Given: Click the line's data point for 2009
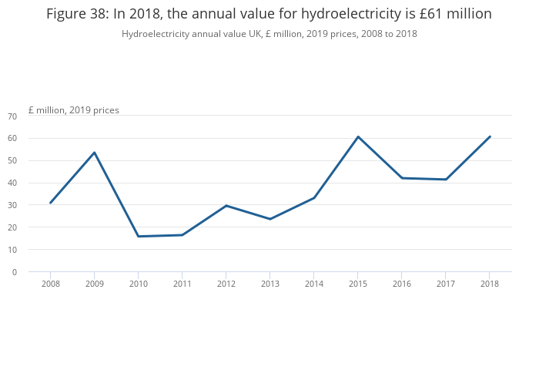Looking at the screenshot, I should click(x=94, y=153).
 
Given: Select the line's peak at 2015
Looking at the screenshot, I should click(x=358, y=136).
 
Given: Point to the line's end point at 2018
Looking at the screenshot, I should click(x=490, y=136).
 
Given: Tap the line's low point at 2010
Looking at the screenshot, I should click(x=138, y=236).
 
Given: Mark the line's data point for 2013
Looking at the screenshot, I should click(x=270, y=219).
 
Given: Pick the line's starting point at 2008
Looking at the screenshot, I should click(x=50, y=203).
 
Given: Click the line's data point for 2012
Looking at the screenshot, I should click(x=226, y=205).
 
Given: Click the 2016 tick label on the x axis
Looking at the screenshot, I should click(x=402, y=284).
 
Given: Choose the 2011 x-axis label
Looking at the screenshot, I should click(x=182, y=284).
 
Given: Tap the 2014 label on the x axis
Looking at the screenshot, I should click(x=314, y=284).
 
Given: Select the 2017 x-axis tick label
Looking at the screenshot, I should click(x=446, y=284).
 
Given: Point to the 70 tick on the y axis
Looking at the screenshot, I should click(x=12, y=116).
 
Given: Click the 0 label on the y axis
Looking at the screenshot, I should click(x=15, y=272).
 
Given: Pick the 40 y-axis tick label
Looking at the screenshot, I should click(x=12, y=183).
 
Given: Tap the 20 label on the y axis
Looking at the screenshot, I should click(x=12, y=227).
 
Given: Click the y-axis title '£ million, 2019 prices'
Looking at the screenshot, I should click(x=74, y=110).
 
